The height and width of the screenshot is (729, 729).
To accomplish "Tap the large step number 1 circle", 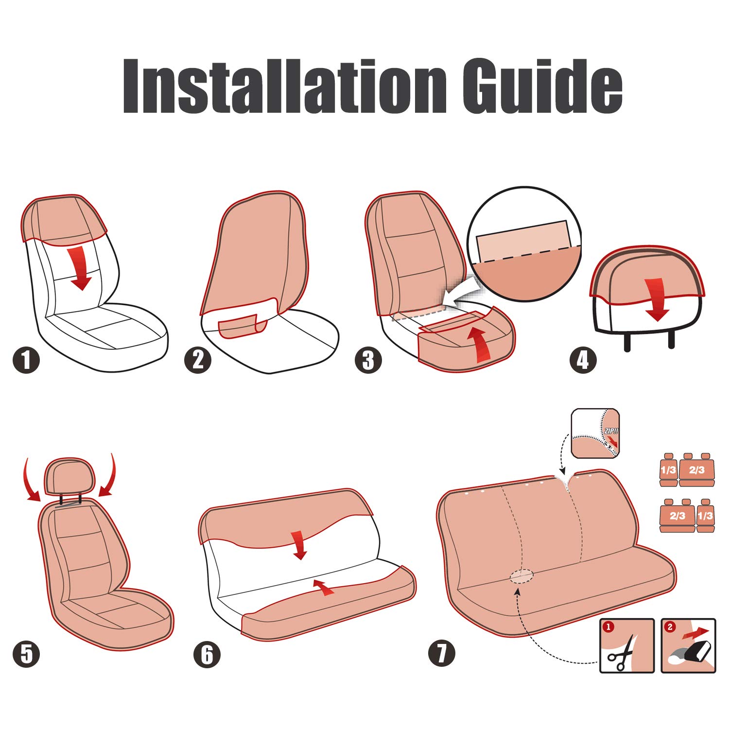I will (26, 360).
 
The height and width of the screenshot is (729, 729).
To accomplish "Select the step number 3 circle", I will (368, 360).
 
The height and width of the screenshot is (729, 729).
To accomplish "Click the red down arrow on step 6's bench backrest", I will (299, 545).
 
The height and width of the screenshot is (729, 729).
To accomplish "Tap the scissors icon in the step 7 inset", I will (621, 651).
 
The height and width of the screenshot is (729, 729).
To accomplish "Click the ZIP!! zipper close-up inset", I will (595, 433).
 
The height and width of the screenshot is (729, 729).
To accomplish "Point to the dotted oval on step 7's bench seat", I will (521, 576).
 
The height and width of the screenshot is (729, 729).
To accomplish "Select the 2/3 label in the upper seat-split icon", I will (696, 470).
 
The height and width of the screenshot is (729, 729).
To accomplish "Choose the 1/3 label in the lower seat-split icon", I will (705, 516).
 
